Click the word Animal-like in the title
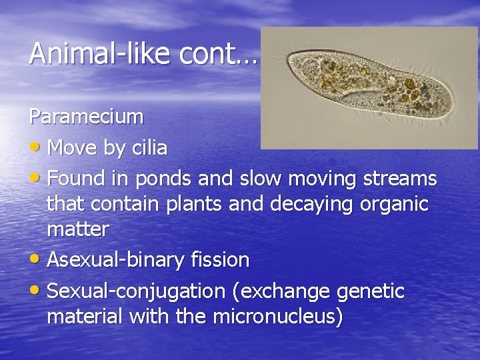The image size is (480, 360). tap(101, 53)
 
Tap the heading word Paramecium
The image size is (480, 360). tap(86, 117)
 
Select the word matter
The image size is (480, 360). tap(77, 229)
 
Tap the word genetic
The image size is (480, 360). tap(370, 291)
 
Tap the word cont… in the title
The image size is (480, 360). tap(217, 53)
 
